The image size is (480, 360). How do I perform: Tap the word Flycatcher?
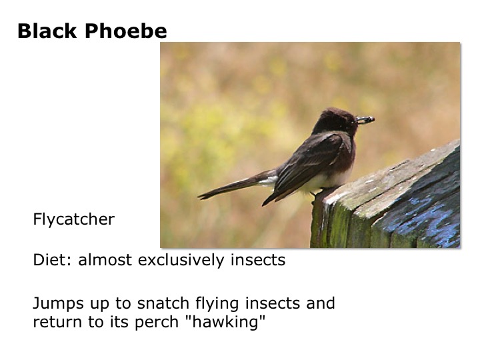[x=73, y=219]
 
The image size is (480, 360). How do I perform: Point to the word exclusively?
[x=176, y=260]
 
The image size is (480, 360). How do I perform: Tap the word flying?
[x=203, y=304]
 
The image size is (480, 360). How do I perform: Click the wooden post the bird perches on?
[x=393, y=207]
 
